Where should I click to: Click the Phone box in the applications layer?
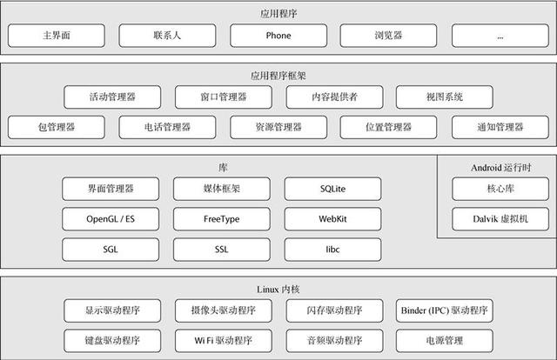click(x=278, y=36)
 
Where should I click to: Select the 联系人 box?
click(x=167, y=36)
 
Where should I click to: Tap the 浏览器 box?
click(x=388, y=36)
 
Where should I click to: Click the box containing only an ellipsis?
click(x=500, y=36)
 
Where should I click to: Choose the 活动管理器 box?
click(x=112, y=97)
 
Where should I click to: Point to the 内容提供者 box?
click(x=334, y=97)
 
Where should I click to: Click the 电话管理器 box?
click(x=167, y=127)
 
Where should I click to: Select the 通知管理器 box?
click(x=500, y=127)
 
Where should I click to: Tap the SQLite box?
click(x=332, y=189)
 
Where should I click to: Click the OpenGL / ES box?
click(x=111, y=219)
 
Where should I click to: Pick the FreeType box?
click(x=222, y=219)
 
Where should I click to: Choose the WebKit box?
click(x=332, y=219)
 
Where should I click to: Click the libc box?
click(x=332, y=250)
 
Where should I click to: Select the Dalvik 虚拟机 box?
click(x=500, y=219)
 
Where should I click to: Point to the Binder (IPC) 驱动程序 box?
click(x=445, y=310)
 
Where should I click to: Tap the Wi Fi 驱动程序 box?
click(x=224, y=341)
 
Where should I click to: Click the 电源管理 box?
click(x=445, y=341)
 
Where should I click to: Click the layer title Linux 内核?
click(x=278, y=290)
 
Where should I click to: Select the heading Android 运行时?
click(x=501, y=168)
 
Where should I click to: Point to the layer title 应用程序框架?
click(x=278, y=76)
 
